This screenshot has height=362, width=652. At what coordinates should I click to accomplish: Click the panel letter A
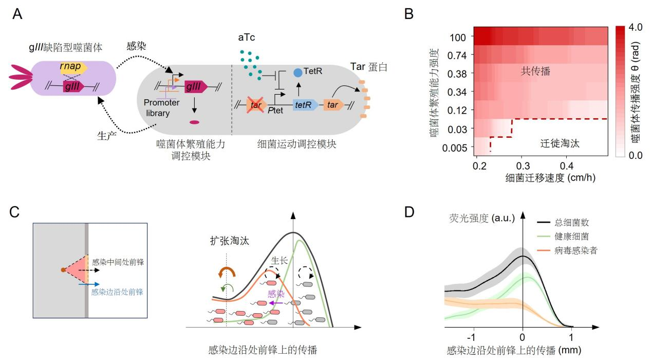click(x=17, y=14)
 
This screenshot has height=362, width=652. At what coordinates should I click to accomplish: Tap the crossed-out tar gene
click(x=255, y=105)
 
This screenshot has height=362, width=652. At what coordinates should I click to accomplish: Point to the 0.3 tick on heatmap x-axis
click(x=523, y=166)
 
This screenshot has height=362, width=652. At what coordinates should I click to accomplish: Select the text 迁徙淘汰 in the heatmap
click(x=560, y=144)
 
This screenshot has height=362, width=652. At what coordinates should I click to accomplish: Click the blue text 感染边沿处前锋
click(x=117, y=292)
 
